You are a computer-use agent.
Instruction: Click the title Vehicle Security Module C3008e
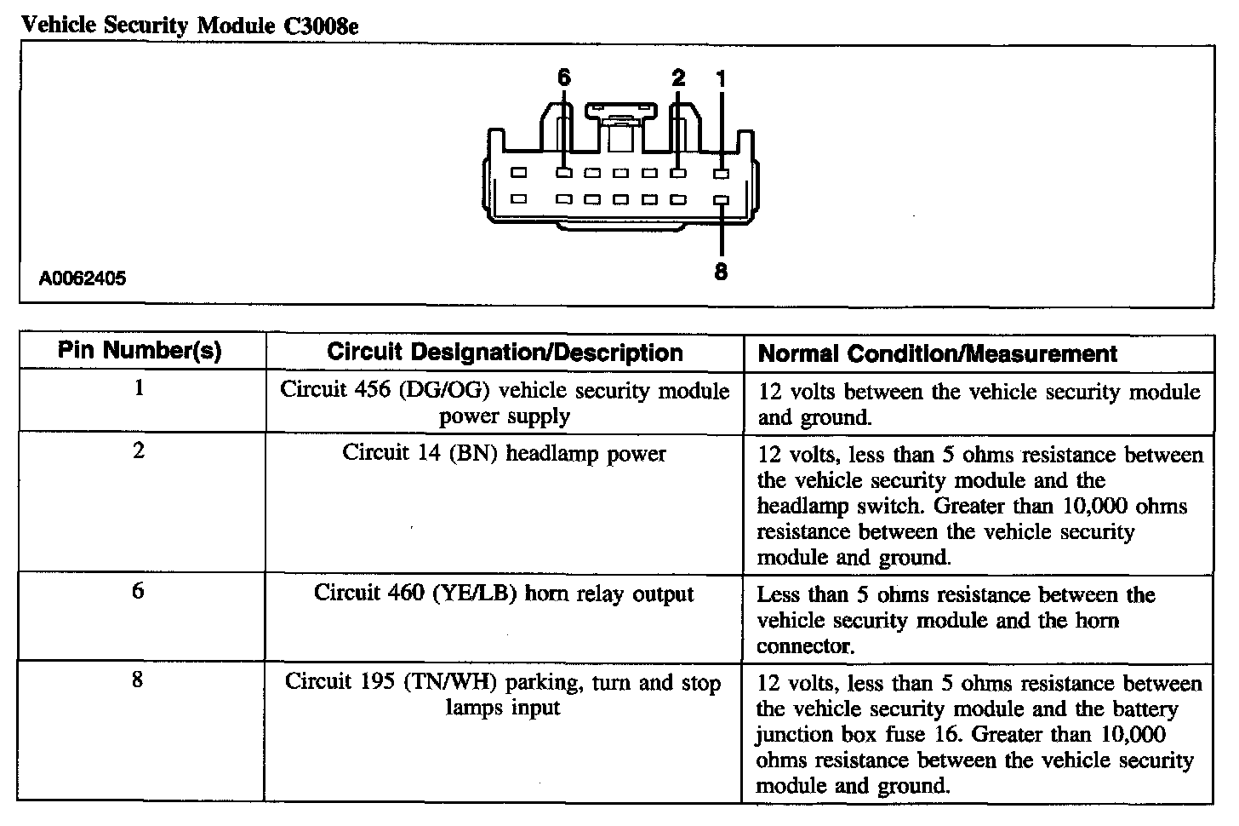[189, 25]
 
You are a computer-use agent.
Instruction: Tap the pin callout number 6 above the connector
[563, 77]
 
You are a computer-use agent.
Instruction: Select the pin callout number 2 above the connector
[677, 77]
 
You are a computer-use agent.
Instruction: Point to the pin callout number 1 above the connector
[721, 78]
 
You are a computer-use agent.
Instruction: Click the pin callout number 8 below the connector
[721, 272]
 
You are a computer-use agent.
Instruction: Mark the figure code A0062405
[83, 278]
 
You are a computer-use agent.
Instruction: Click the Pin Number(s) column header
[140, 351]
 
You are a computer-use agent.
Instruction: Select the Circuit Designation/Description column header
[505, 353]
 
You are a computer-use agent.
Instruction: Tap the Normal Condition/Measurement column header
[937, 353]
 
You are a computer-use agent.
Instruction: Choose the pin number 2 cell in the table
[139, 450]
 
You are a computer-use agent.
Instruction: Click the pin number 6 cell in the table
[139, 591]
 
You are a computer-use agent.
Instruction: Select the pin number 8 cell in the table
[138, 680]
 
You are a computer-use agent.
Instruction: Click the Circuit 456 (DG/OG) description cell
[505, 404]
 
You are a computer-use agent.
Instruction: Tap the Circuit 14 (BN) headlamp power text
[504, 453]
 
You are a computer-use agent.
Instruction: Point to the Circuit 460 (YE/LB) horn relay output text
[504, 594]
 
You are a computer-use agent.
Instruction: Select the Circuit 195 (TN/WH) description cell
[503, 695]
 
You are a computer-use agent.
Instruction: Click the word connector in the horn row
[805, 646]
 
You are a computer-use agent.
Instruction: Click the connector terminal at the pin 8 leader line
[721, 201]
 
